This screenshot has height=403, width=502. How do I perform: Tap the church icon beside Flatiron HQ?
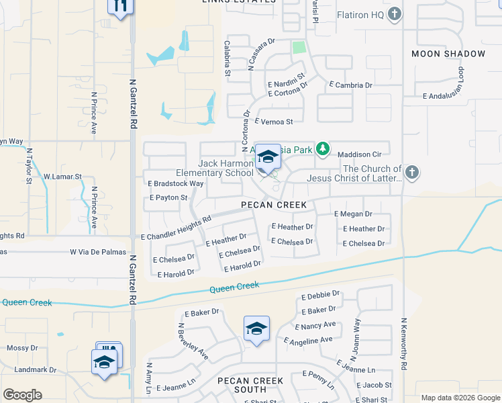(395, 13)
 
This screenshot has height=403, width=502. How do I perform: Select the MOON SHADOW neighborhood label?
(448, 54)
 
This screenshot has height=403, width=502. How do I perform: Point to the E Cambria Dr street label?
(350, 85)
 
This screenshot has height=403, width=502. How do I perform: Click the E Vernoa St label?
(274, 122)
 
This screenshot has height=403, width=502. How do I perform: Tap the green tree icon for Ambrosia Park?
(323, 148)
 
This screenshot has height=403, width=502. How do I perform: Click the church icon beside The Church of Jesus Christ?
(412, 173)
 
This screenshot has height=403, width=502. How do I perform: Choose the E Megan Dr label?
(353, 214)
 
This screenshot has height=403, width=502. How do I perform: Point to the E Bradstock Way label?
(175, 183)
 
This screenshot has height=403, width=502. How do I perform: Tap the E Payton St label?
(167, 198)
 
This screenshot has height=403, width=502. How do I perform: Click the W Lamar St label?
(62, 177)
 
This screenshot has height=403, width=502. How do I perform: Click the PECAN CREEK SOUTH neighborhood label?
(250, 385)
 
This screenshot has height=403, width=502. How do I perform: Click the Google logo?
(22, 395)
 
